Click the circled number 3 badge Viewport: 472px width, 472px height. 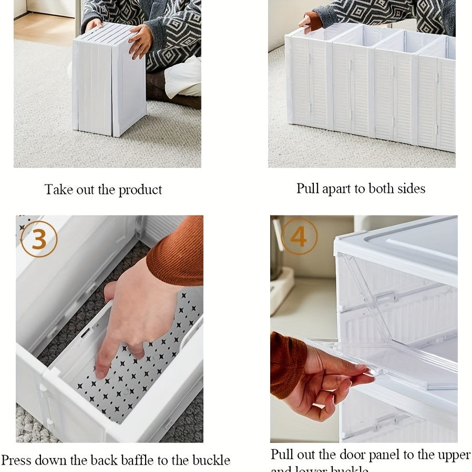click(38, 239)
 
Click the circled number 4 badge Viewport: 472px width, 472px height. click(299, 236)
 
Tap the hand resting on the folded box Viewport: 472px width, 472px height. click(140, 41)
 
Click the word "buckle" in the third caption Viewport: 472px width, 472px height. click(211, 460)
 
